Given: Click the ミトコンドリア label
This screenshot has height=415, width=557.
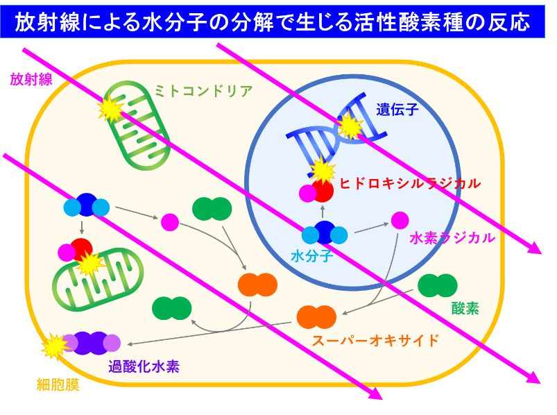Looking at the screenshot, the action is pyautogui.click(x=203, y=92).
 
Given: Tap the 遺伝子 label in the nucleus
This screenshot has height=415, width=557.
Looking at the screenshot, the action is pyautogui.click(x=397, y=110).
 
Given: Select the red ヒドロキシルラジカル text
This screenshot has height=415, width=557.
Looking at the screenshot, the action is pyautogui.click(x=410, y=183).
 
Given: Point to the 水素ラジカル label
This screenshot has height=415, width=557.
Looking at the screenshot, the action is pyautogui.click(x=452, y=238).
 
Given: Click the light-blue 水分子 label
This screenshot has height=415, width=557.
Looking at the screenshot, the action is pyautogui.click(x=312, y=256).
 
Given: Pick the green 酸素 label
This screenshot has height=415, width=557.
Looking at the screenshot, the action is pyautogui.click(x=465, y=308).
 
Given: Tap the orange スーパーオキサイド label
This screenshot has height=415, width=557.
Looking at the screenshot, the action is pyautogui.click(x=375, y=340).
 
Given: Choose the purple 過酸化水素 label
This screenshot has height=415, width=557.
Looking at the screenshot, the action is pyautogui.click(x=144, y=366).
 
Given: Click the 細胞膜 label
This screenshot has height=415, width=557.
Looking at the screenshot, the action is pyautogui.click(x=58, y=384).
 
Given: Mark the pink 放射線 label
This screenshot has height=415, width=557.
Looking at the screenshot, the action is pyautogui.click(x=31, y=79).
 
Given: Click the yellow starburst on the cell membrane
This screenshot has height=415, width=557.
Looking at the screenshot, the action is pyautogui.click(x=54, y=346).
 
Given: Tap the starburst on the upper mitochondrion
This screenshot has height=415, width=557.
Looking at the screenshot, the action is pyautogui.click(x=111, y=110).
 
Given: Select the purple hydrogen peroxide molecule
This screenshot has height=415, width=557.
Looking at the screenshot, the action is pyautogui.click(x=92, y=344).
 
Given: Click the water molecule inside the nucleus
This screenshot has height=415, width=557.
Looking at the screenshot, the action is pyautogui.click(x=325, y=233).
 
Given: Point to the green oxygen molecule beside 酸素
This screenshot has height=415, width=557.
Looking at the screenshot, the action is pyautogui.click(x=437, y=285).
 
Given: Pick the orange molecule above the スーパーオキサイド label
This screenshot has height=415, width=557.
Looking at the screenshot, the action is pyautogui.click(x=316, y=317).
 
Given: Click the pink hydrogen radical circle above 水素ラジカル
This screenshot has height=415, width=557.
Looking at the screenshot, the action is pyautogui.click(x=400, y=220).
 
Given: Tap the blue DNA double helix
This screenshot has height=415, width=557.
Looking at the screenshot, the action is pyautogui.click(x=336, y=131).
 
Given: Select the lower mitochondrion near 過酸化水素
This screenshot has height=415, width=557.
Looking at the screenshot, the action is pyautogui.click(x=98, y=280).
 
